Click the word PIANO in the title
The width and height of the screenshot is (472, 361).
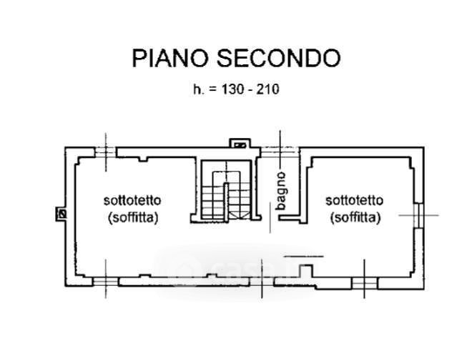coord(170,58)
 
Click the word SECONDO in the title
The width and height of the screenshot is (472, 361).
coord(279,58)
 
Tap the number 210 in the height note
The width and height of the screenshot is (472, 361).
coord(267,89)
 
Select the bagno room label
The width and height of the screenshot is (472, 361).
coord(281,191)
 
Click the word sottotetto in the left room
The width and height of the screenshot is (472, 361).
coord(132,200)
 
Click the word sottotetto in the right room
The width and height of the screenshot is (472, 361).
coord(354,200)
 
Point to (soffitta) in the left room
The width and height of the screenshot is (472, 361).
coord(133,217)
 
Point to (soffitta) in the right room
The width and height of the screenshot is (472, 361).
coord(355,217)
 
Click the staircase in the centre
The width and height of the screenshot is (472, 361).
coord(226,192)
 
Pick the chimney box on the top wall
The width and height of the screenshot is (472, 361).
coord(240,143)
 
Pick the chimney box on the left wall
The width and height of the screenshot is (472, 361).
coord(61,214)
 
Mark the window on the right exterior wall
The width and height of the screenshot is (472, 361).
coord(419,215)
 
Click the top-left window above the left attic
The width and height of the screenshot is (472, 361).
coord(105,152)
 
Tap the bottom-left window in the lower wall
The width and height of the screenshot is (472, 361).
coord(105,282)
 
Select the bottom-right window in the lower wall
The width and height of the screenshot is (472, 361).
coord(365,283)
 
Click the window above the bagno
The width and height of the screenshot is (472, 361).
coord(280,152)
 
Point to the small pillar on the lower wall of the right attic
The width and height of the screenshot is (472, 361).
coord(305,271)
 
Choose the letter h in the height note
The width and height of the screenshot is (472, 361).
coord(197,89)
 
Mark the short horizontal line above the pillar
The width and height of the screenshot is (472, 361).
coord(304,257)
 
